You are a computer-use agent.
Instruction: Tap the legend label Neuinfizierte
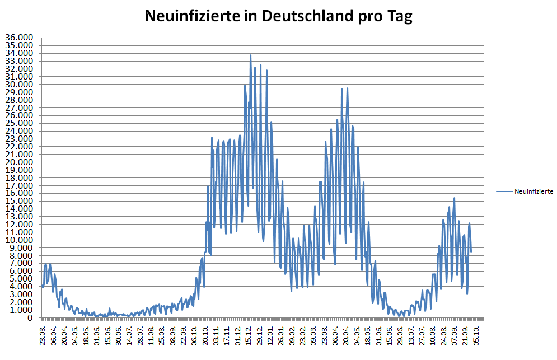533,191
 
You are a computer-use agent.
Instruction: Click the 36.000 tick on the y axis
20,38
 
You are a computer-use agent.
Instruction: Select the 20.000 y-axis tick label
20,162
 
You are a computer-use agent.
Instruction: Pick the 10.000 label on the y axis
20,240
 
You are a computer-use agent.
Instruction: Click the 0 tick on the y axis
29,318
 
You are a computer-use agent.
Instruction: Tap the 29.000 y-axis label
20,92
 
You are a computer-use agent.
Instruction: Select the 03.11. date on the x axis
216,334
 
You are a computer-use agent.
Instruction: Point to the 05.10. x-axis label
475,334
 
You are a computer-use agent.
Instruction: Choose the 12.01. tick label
270,334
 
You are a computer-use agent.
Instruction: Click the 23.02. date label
303,334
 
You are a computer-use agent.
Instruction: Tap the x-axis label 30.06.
119,334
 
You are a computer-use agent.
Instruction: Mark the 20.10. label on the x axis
205,334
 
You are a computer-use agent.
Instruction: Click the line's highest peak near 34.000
250,55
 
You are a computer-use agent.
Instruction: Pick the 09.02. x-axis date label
292,334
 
